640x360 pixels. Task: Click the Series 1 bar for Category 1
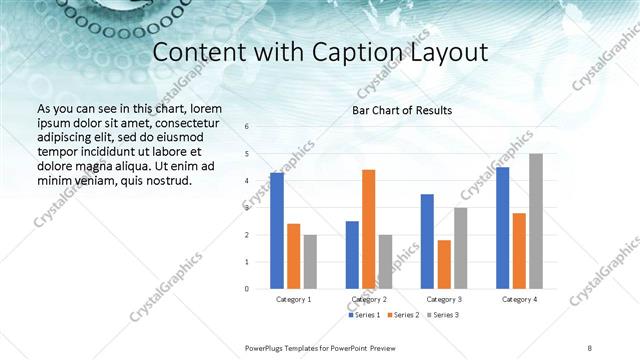point(277,231)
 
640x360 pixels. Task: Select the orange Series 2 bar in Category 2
point(368,229)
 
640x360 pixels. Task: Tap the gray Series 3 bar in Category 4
point(536,221)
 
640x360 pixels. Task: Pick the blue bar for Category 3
point(427,241)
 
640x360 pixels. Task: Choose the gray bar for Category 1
point(310,261)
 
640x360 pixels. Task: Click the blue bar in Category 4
point(503,228)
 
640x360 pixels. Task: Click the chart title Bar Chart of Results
point(402,110)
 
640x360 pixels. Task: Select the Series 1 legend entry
point(364,315)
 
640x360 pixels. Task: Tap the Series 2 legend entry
point(402,315)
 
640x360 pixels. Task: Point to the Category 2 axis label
point(369,299)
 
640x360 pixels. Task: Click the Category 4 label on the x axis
point(519,299)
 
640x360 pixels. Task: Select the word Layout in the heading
point(444,51)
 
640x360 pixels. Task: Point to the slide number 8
point(590,347)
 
